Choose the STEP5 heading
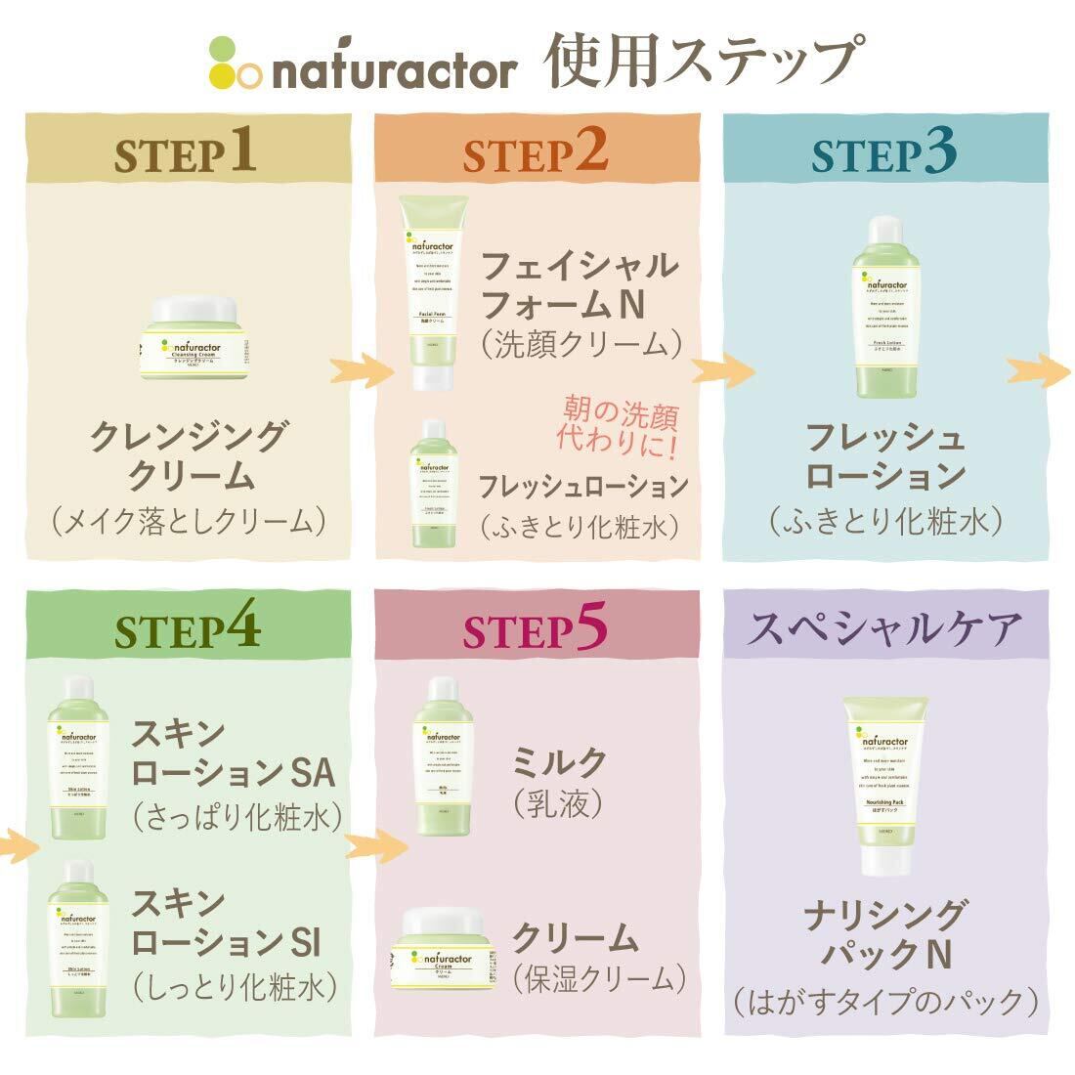click(536, 630)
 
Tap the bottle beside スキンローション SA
click(79, 756)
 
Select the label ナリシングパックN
click(884, 934)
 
